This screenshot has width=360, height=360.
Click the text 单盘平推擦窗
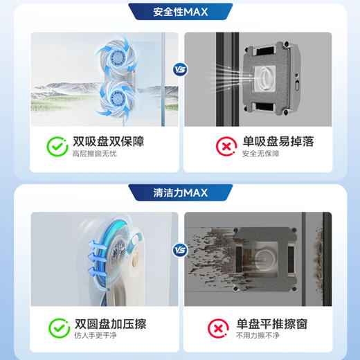coord(271,323)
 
